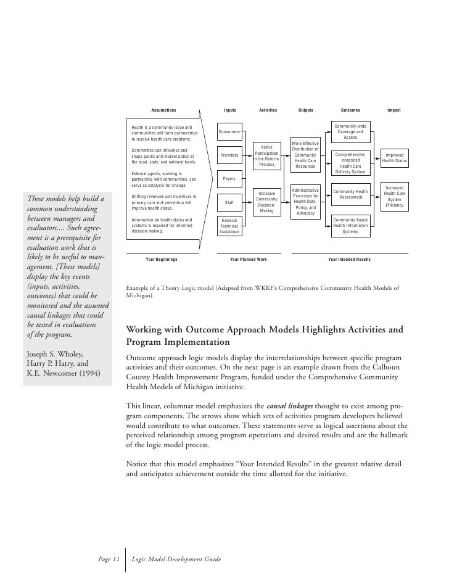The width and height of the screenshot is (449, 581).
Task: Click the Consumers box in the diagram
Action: (x=229, y=132)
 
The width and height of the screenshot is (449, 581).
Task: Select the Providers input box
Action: (x=229, y=155)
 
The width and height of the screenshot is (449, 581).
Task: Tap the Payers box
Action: (x=229, y=179)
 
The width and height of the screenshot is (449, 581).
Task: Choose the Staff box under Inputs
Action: (x=229, y=202)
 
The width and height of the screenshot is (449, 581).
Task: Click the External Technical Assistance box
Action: (x=229, y=226)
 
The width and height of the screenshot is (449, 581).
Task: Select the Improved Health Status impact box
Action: (x=394, y=158)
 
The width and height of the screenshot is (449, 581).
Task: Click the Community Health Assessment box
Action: (x=350, y=195)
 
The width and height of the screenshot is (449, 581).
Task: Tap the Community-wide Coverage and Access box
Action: (x=350, y=131)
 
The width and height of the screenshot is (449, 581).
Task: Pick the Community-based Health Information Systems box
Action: (x=350, y=226)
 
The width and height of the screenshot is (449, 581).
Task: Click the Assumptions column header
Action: (x=163, y=110)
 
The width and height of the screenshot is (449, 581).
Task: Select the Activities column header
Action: (x=268, y=110)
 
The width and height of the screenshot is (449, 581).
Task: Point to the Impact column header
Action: (x=393, y=110)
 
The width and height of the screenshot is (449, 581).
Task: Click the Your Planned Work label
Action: (x=248, y=260)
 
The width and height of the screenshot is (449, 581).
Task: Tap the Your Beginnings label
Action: (x=162, y=260)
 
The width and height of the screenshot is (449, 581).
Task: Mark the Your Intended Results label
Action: (x=349, y=260)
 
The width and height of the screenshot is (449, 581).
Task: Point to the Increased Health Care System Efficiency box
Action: (x=394, y=196)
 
